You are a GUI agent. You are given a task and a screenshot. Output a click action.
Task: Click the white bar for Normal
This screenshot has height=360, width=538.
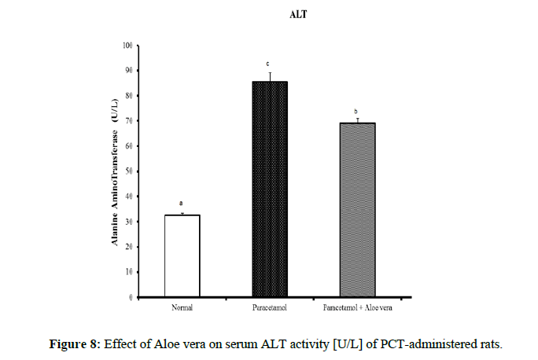coord(182,255)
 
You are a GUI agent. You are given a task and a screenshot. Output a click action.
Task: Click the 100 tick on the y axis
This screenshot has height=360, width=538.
coord(127,45)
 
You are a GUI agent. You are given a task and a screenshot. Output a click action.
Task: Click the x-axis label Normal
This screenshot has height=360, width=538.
coord(182,307)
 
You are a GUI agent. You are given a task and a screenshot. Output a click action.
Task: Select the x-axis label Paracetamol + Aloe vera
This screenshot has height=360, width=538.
coord(356,307)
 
